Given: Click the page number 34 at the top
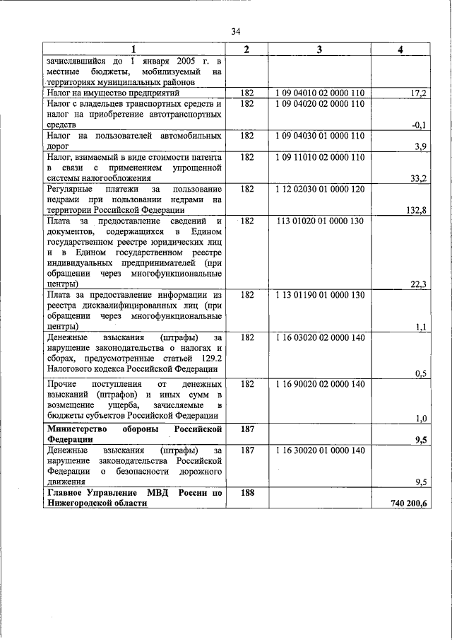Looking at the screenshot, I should tap(236, 31).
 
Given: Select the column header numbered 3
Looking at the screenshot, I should tap(319, 49).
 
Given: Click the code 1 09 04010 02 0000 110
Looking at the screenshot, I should tap(319, 93).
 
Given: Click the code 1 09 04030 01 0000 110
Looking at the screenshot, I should tap(319, 136).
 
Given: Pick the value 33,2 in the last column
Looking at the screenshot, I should tap(418, 180).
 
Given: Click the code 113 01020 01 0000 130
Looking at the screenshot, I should tap(320, 221).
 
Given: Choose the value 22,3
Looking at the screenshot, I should tap(418, 285).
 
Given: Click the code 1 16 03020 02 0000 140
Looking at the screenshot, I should tap(319, 338).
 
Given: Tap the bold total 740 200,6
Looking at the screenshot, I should tap(408, 503).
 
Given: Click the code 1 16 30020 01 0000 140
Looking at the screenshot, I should tap(319, 450).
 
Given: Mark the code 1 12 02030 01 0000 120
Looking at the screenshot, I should tap(319, 190).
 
